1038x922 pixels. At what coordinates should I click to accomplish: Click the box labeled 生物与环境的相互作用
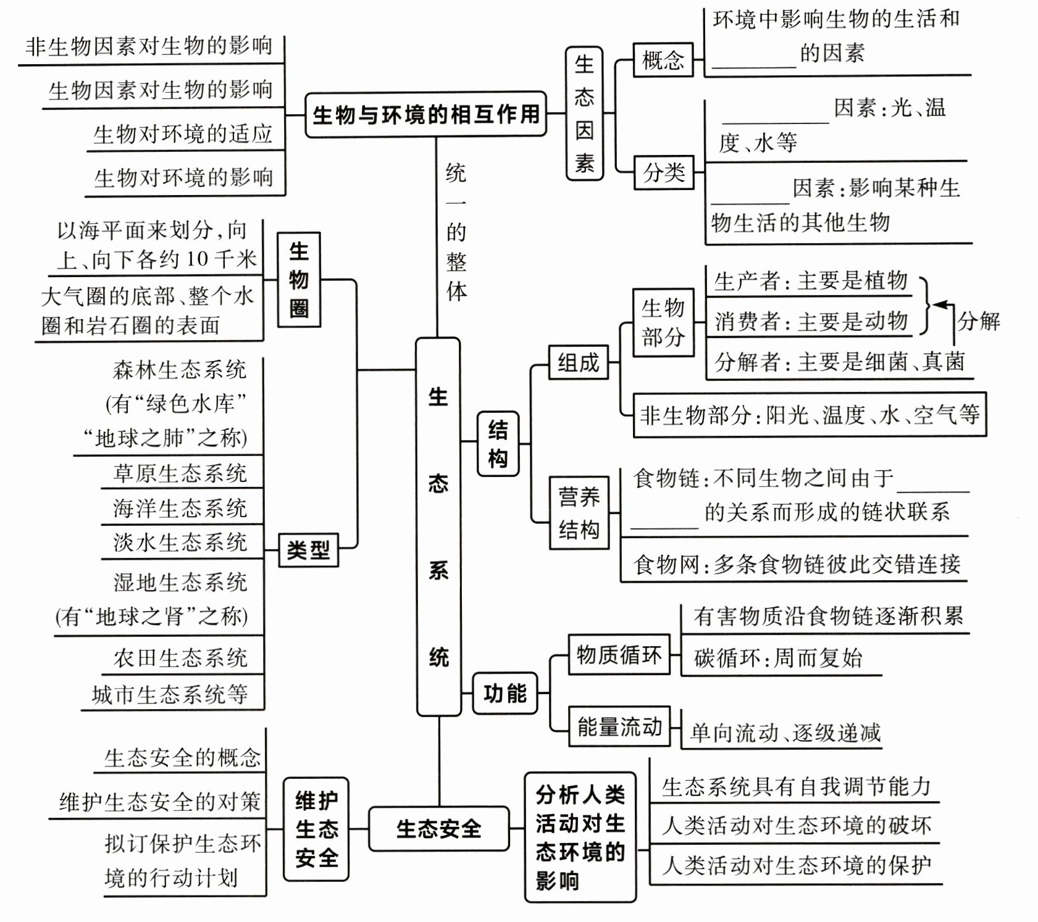425,115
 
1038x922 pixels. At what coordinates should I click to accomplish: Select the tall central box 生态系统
438,526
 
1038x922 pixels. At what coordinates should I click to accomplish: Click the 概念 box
663,60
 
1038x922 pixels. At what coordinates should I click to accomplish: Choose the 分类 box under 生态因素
664,172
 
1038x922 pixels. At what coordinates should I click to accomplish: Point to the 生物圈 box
298,280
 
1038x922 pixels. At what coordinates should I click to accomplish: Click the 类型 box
308,549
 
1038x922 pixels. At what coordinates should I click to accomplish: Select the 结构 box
498,443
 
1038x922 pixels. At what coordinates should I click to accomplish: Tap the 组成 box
578,362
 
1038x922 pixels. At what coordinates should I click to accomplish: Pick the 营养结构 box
579,513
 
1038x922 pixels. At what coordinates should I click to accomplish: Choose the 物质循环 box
618,654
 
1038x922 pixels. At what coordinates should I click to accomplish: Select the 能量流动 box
619,726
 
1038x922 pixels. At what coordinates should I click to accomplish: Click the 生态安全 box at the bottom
438,828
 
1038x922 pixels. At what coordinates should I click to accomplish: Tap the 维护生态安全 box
316,829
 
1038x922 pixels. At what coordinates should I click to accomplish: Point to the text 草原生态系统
180,473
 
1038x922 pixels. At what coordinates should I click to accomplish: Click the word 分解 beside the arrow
978,321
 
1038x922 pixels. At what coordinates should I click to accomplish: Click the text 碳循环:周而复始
777,658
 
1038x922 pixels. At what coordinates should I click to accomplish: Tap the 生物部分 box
663,322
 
